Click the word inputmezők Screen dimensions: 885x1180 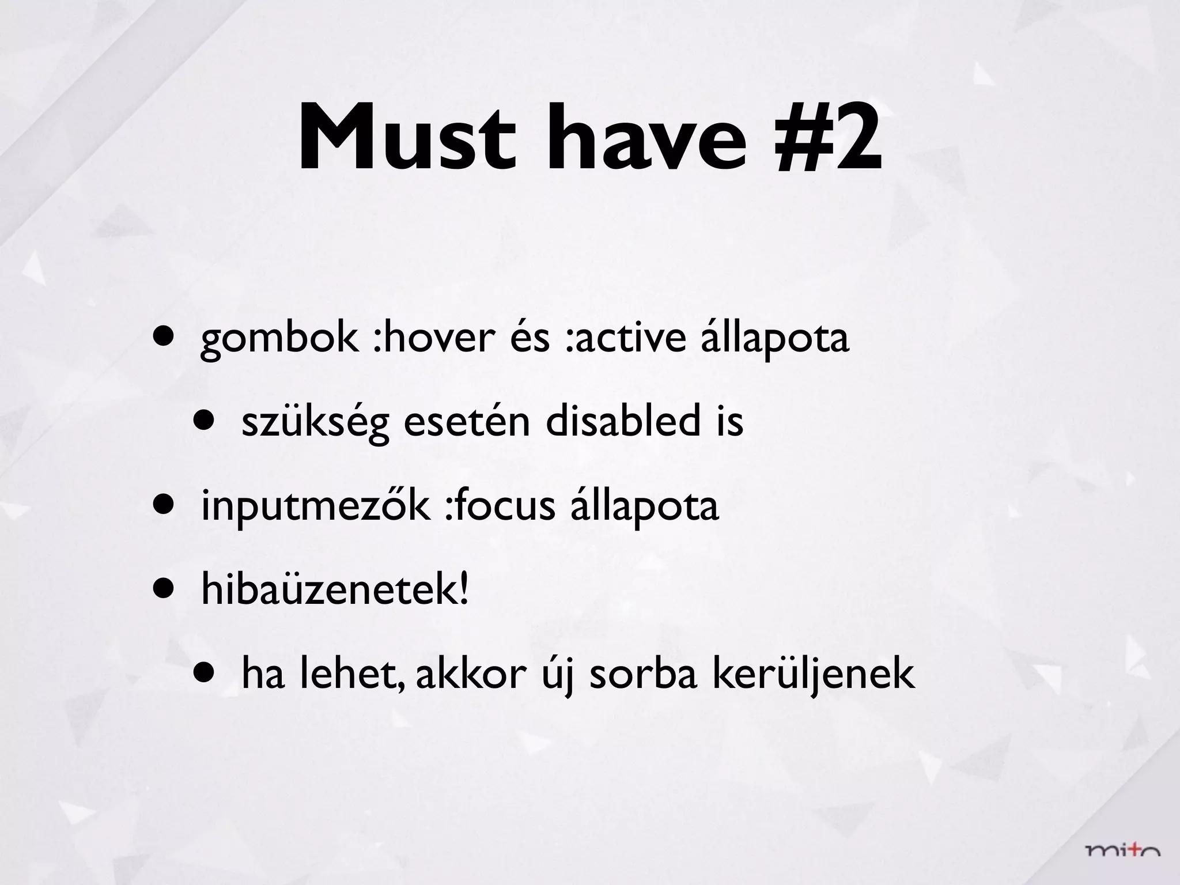coord(315,506)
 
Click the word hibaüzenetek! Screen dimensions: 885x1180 coord(335,590)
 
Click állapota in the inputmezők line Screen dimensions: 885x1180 coord(645,506)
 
